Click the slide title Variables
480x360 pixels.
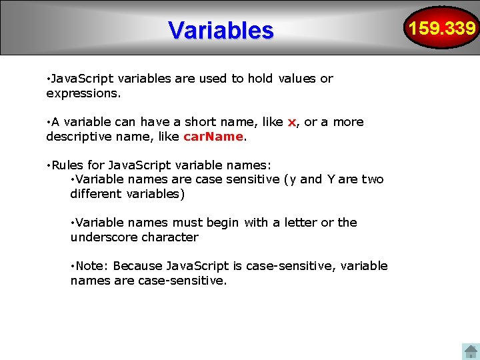[221, 30]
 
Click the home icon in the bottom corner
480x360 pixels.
[471, 351]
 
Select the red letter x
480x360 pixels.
[291, 122]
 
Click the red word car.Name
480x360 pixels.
[213, 137]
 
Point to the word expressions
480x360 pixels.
[83, 93]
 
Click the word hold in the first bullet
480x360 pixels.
[260, 79]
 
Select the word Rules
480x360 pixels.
[68, 165]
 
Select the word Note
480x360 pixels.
[91, 266]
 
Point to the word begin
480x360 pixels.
[222, 223]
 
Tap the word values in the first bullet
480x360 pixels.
[297, 79]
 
